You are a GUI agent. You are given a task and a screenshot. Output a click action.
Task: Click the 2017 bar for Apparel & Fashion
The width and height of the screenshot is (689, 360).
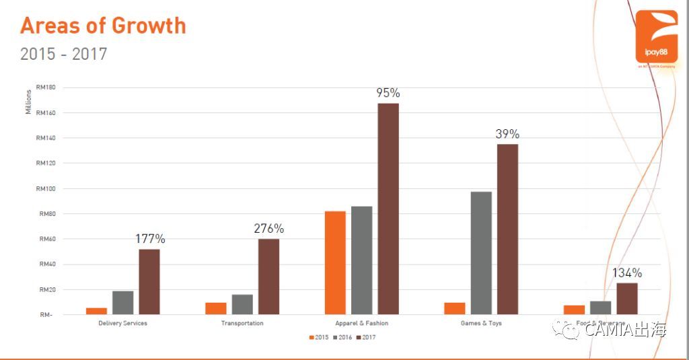point(388,209)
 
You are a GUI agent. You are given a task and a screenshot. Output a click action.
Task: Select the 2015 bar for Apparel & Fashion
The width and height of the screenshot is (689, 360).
point(335,262)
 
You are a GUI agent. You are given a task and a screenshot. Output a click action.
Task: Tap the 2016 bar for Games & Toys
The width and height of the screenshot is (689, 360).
point(481,253)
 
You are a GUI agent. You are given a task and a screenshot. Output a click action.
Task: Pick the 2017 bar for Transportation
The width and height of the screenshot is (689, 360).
point(268,277)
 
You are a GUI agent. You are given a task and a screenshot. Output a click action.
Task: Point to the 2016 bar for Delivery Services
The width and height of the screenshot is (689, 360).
point(122,302)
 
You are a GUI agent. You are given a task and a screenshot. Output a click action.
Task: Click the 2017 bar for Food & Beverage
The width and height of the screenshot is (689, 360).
point(627,298)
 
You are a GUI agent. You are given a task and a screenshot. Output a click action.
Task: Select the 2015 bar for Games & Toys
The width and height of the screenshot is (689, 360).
point(455,308)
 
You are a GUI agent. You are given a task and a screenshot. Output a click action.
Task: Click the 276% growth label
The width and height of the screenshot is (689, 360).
point(268,229)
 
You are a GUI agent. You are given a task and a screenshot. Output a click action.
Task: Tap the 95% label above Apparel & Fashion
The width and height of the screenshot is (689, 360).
point(388,93)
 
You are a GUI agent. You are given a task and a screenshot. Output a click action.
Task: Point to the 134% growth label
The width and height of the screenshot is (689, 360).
point(627,273)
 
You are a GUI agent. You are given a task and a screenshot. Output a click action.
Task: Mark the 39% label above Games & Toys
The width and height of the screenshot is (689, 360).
point(507,134)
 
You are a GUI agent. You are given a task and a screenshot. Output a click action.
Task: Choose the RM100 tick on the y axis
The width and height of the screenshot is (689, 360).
point(46,188)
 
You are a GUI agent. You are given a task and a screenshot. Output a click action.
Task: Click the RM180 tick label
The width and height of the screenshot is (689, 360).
point(46,87)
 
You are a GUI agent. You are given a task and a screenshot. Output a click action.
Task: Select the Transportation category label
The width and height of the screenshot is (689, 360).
point(242,324)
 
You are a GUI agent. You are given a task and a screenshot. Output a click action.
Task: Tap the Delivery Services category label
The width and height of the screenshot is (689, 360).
point(122,324)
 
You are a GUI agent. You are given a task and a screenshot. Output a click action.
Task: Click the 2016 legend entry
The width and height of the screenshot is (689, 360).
point(342,337)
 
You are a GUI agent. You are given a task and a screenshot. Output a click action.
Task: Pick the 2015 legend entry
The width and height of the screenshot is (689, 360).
point(319,337)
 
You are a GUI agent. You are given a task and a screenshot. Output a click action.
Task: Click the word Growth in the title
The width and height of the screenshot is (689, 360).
point(149,26)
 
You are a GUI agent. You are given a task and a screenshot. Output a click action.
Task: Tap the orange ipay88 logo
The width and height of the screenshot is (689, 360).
point(657,36)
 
